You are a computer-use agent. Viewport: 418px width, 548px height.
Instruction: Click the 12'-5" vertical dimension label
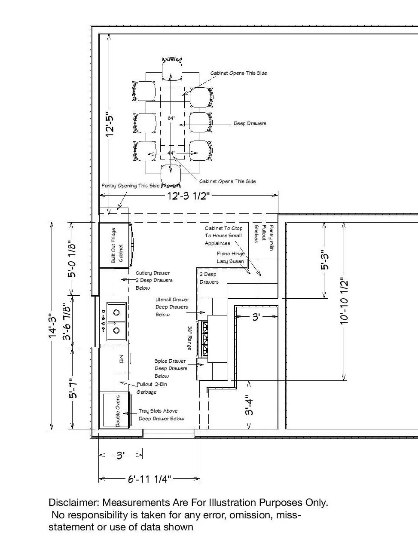110,124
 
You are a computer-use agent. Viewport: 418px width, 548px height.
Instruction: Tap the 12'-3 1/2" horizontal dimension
187,196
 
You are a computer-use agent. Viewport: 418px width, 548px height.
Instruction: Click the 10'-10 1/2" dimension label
344,302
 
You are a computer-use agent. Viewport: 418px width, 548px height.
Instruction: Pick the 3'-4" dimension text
249,405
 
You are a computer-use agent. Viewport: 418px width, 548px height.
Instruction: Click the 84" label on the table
171,118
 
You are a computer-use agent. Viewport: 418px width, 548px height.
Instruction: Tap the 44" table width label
171,153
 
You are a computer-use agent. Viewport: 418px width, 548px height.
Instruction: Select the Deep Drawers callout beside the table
250,123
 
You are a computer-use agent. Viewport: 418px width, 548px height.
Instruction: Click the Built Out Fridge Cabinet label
117,246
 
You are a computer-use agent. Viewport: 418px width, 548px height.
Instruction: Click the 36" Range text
189,338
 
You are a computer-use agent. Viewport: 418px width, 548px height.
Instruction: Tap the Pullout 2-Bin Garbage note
152,388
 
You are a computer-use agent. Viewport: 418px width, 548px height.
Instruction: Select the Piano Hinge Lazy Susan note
231,257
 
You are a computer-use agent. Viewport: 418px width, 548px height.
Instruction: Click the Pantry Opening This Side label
130,186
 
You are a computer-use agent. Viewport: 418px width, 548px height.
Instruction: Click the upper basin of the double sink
116,312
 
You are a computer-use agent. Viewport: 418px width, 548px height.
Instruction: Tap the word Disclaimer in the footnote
74,502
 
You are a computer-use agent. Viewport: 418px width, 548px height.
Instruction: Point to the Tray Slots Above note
158,411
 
